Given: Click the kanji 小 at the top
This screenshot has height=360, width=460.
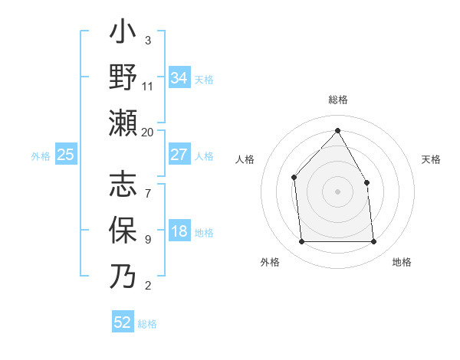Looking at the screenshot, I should click(x=123, y=34).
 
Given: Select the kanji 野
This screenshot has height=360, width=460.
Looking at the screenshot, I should click(x=123, y=79).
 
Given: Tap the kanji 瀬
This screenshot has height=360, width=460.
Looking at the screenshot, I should click(x=123, y=123).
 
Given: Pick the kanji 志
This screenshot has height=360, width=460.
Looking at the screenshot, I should click(x=123, y=185).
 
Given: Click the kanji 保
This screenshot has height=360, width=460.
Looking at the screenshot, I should click(x=123, y=231).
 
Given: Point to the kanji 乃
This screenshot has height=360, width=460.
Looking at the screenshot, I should click(x=123, y=276).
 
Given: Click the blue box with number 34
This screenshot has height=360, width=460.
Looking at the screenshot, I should click(x=179, y=78).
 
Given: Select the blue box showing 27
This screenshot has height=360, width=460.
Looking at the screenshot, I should click(x=179, y=155).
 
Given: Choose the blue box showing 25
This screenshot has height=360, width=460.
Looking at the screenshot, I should click(x=66, y=155).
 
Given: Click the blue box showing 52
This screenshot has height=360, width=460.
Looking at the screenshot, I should click(x=123, y=322).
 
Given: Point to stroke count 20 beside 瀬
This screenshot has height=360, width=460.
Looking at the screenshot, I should click(x=148, y=132).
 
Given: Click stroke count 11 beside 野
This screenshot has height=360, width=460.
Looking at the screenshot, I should click(x=148, y=87).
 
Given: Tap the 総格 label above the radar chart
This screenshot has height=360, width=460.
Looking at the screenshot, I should click(x=337, y=100).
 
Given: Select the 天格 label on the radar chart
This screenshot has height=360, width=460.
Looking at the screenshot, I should click(x=431, y=159).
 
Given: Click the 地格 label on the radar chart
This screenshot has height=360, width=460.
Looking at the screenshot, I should click(x=402, y=262).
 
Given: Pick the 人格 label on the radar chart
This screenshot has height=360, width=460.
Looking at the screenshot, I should click(x=245, y=159).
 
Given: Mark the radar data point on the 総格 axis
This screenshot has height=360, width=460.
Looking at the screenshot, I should click(x=337, y=129).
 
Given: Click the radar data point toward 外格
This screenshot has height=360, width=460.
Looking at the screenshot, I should click(x=301, y=242).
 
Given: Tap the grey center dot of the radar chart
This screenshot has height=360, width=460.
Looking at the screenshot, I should click(x=337, y=191).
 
